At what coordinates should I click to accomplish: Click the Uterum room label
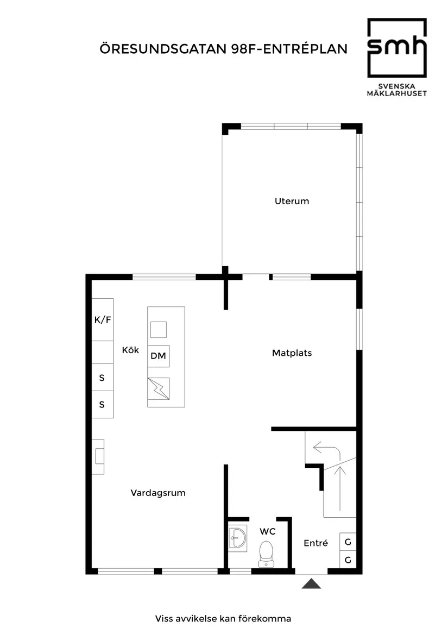pos(292,201)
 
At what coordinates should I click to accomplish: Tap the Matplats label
pos(292,353)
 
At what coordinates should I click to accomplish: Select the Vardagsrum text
pos(158,493)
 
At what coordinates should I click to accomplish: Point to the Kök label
pos(130,350)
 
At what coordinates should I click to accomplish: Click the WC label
pos(267,531)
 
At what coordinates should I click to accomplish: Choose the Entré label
pos(316,543)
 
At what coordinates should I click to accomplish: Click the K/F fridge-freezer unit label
pos(103,319)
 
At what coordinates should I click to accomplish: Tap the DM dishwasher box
pos(159,356)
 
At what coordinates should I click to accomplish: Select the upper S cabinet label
pos(102,378)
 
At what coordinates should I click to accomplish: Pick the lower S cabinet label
pos(102,405)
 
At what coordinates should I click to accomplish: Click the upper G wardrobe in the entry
pos(348,542)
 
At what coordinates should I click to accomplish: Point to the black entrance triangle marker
pos(311,584)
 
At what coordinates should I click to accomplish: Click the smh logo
pos(396,48)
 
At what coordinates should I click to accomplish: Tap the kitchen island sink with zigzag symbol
pos(159,388)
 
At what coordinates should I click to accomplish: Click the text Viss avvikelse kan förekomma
pos(223,618)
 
